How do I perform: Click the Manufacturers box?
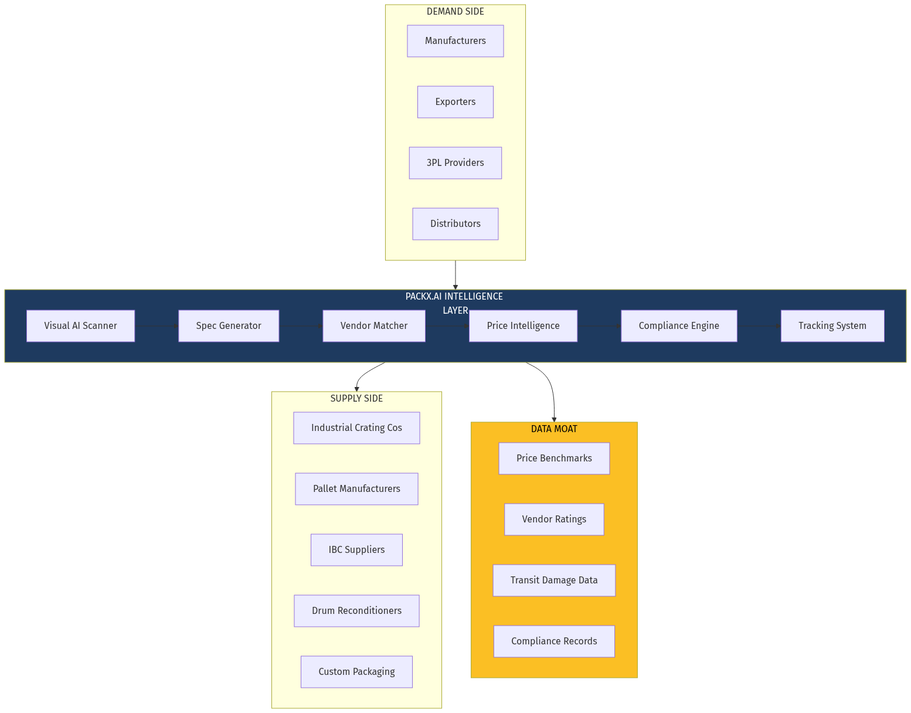455,41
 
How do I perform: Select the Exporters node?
455,102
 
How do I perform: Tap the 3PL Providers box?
455,163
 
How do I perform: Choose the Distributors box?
455,224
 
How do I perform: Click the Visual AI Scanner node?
80,326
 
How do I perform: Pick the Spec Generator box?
229,326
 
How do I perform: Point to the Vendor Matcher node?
373,326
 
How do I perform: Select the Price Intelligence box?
523,326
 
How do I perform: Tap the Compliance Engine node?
679,326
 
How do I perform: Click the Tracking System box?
832,326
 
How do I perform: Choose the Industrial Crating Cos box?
356,428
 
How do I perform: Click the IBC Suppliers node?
356,550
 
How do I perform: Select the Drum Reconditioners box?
356,611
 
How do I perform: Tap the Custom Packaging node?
356,672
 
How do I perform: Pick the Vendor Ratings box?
554,520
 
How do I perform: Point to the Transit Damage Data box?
554,580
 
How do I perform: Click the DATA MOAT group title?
554,429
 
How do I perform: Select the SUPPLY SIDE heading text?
356,399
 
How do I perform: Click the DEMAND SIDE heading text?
455,12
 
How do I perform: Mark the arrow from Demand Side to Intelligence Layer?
455,274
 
